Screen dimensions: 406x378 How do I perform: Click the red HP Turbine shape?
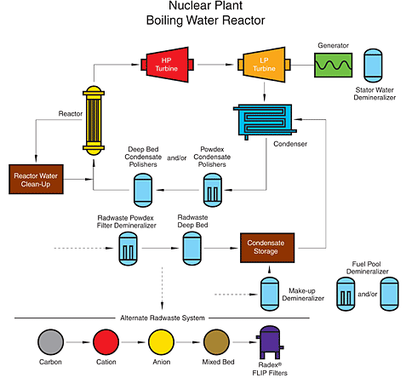tap(167, 65)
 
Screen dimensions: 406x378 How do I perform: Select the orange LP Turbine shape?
tap(264, 65)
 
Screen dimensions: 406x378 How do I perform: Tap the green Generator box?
tap(334, 65)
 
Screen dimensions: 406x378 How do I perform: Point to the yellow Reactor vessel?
tap(94, 120)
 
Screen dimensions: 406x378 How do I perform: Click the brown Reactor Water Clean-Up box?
tap(36, 180)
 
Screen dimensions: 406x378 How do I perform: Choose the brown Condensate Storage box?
tap(267, 248)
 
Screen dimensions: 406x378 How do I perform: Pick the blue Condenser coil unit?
tap(265, 122)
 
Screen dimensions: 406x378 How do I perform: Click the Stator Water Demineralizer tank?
tap(373, 66)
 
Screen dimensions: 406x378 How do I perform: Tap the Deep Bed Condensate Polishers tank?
tap(143, 190)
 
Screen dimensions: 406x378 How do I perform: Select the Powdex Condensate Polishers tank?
tap(213, 190)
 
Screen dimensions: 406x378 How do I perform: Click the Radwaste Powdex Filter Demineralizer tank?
tap(128, 249)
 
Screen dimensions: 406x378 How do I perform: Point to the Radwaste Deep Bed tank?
tap(192, 249)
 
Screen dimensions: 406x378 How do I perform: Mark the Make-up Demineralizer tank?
tap(270, 294)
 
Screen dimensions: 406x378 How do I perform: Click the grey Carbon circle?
tap(50, 342)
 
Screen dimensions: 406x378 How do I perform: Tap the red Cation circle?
tap(106, 342)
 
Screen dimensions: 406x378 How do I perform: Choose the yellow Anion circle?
tap(161, 342)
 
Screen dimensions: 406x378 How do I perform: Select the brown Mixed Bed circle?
tap(216, 342)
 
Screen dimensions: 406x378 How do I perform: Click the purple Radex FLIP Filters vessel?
tap(270, 342)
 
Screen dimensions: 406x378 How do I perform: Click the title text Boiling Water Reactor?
tap(205, 20)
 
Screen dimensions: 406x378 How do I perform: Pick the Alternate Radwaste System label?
tap(163, 318)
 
